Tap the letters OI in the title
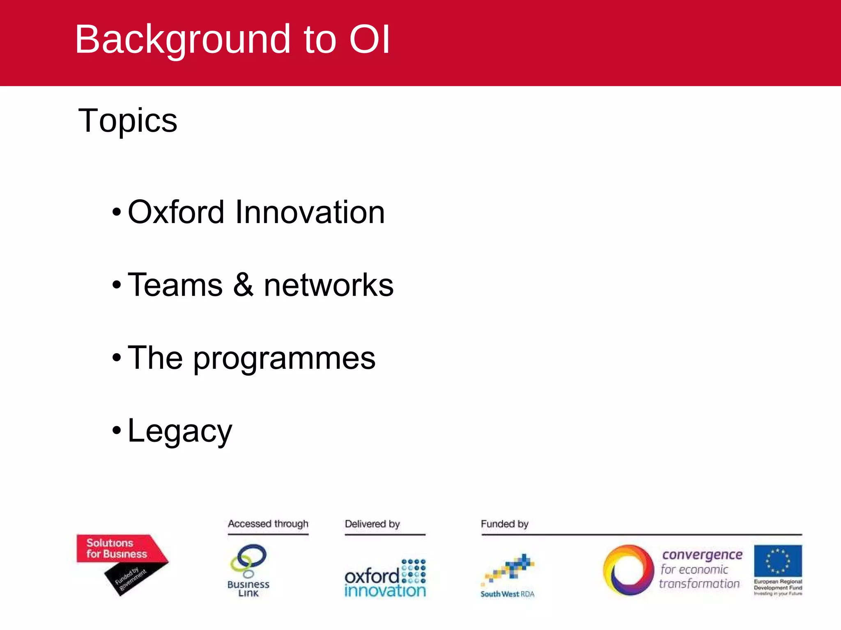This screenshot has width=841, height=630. pos(369,40)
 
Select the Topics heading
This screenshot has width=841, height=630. pos(128,121)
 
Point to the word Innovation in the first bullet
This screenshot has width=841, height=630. pos(310,212)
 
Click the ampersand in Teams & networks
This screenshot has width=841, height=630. pos(243,285)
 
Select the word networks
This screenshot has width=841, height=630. pos(329,285)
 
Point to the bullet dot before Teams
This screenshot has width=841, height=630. pos(117,284)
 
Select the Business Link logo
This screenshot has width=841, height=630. pos(248,570)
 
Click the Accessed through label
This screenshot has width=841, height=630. pos(268,524)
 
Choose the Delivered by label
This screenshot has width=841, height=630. pos(372,524)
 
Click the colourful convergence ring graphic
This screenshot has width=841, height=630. pos(628,570)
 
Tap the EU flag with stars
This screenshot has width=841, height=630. pos(778,561)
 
